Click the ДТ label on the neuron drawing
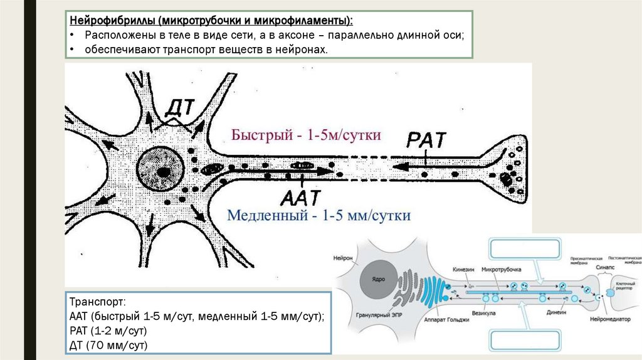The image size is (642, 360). [179, 109]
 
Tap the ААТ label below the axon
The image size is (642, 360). [300, 198]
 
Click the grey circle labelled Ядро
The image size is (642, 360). [377, 278]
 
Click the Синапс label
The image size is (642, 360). [603, 267]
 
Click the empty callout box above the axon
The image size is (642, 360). [524, 248]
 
